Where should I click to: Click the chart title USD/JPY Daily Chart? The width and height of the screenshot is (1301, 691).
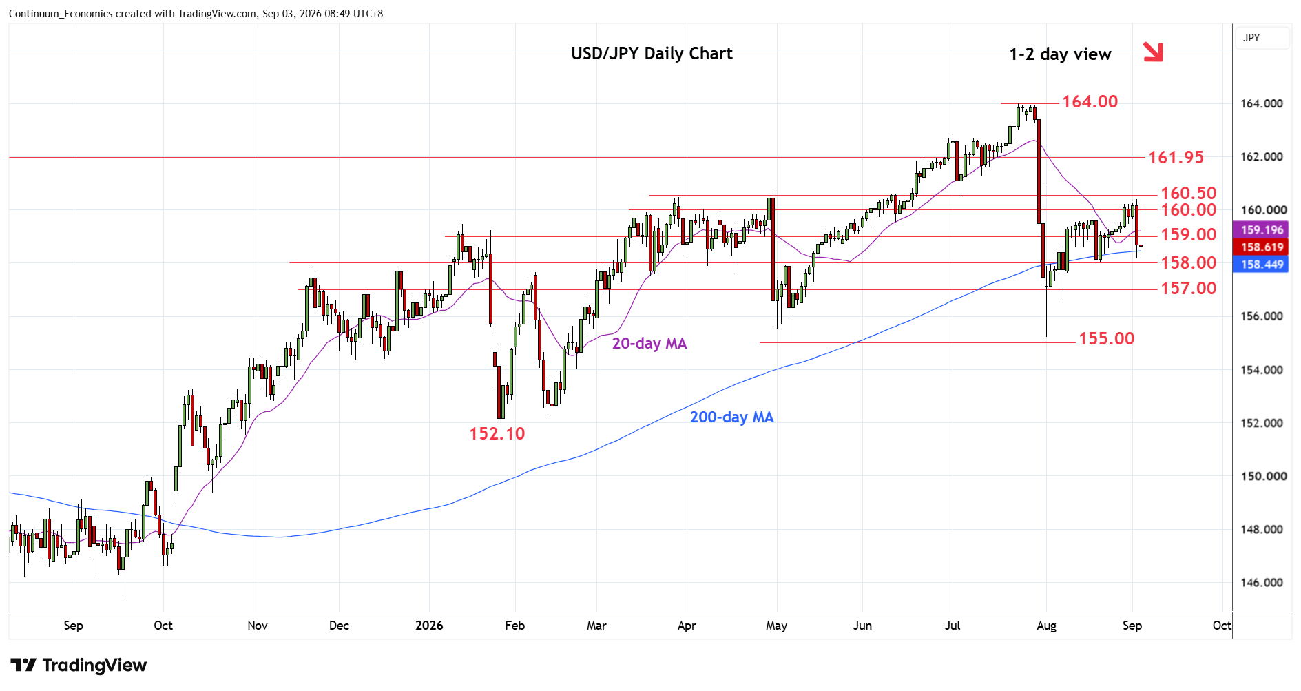[652, 54]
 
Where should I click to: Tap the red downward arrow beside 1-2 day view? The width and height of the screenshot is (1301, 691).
[1153, 52]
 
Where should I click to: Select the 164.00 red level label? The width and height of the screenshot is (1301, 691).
[1090, 102]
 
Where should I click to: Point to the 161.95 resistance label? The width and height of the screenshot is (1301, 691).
[1176, 158]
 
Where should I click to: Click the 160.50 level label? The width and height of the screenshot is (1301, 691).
[1189, 194]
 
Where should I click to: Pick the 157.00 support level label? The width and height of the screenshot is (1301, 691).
[1189, 289]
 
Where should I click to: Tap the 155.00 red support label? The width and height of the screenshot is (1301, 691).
[1106, 339]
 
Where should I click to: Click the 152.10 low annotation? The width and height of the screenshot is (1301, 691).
[497, 434]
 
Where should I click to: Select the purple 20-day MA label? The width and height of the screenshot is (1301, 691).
[649, 343]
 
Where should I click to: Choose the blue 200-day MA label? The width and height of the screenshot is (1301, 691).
[732, 417]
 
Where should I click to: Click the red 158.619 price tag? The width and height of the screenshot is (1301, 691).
[1262, 247]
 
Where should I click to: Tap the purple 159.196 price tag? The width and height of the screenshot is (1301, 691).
[1262, 230]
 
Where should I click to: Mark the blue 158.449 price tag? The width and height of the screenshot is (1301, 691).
[1262, 265]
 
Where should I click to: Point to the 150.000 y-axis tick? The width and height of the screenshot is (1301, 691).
[1262, 477]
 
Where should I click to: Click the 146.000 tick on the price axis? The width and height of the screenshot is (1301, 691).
[1262, 583]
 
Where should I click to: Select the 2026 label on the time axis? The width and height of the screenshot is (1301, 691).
[429, 626]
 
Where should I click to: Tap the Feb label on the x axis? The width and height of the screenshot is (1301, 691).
[514, 626]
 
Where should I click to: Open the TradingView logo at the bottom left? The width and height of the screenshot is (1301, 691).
[79, 666]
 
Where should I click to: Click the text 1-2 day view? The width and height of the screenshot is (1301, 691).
[1060, 54]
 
